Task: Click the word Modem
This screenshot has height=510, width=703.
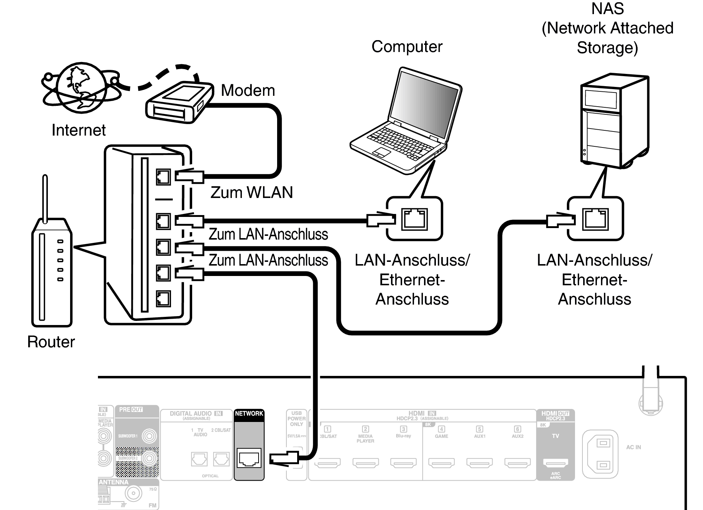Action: tap(248, 90)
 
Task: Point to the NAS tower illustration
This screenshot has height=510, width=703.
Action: tap(614, 121)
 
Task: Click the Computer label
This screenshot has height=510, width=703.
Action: tap(407, 47)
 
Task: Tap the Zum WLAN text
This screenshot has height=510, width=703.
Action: tap(252, 192)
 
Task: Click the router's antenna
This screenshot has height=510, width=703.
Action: tap(45, 198)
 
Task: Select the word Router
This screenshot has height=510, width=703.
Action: tap(51, 342)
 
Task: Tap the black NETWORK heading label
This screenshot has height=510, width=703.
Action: tap(249, 414)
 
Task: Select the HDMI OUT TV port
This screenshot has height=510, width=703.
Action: tap(555, 463)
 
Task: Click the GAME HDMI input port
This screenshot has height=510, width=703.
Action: tap(441, 463)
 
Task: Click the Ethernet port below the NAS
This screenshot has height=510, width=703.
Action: tap(595, 219)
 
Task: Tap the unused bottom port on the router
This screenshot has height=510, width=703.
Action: tap(163, 298)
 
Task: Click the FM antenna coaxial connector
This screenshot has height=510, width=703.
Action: tap(133, 494)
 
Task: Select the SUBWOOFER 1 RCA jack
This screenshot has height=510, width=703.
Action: tap(150, 436)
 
